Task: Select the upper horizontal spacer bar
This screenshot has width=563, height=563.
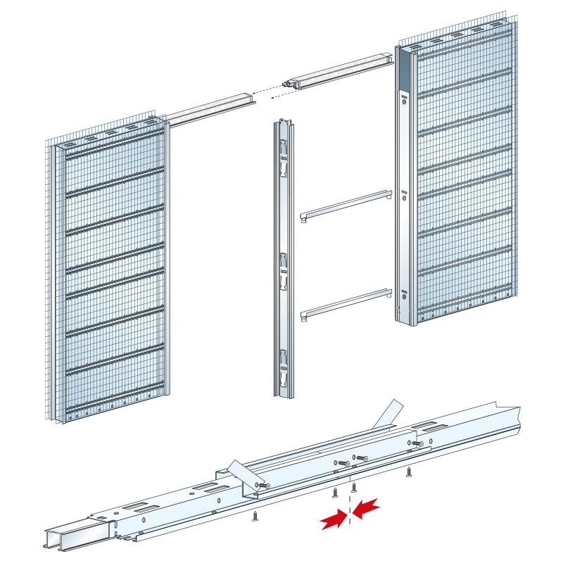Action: tap(346, 204)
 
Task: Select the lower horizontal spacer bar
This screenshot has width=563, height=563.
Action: tap(346, 303)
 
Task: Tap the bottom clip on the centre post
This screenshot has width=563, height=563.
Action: tap(282, 365)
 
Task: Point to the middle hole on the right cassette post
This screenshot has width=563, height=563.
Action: tap(404, 198)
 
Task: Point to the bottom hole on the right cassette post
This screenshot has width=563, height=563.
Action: tap(404, 297)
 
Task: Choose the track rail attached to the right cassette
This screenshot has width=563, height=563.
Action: tap(341, 70)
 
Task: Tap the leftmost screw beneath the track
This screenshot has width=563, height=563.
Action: tap(254, 517)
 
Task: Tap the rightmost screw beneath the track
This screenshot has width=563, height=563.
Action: tap(409, 473)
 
